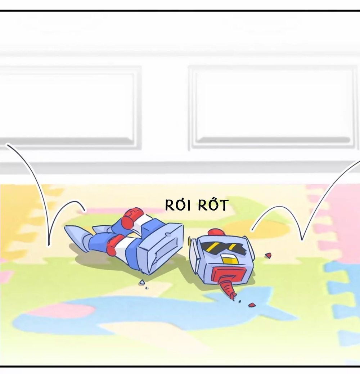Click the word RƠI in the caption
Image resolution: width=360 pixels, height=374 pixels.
point(177,205)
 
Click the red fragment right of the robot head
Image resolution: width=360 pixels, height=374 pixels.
point(268,256)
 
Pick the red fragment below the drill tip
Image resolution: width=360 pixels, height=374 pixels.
point(252,305)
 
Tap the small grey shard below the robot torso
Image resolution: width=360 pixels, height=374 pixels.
point(142,283)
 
